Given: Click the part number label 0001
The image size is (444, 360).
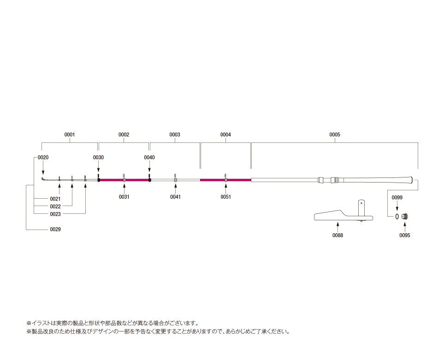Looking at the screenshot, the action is coord(69,135).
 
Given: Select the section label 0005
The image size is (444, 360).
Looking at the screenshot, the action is coord(334,135).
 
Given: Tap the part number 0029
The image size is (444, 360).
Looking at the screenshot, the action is coord(55,229).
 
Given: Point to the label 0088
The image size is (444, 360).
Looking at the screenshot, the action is coord(337,235).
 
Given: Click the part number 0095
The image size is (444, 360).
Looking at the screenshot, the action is coord(405,235).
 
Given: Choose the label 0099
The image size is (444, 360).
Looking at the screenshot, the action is coord(397,198).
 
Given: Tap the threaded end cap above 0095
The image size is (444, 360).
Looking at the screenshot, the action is coord(405,217).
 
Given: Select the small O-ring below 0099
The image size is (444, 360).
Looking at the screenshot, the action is coord(397,217).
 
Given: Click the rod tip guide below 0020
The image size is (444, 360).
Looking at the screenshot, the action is coord(43,179).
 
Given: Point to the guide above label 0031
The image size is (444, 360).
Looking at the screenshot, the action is coord(124,178).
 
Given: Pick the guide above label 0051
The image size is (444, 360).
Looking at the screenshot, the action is coord(225,178).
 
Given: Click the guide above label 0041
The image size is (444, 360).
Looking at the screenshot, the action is coord(175,178).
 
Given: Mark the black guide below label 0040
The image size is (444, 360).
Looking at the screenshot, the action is coord(149,178).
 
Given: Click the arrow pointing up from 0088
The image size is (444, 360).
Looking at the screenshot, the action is coord(337,227).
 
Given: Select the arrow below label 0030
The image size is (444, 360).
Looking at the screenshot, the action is coord(98,167).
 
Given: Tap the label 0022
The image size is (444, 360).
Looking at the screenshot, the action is coord(55,207).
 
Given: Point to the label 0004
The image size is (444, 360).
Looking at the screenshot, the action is coord(225,135).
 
